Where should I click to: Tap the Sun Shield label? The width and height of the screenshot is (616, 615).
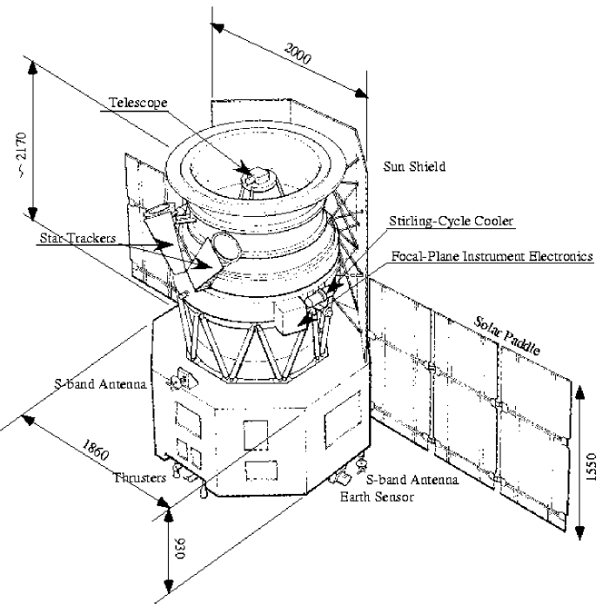coord(414,166)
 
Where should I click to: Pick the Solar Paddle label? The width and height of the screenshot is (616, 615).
coord(508,332)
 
